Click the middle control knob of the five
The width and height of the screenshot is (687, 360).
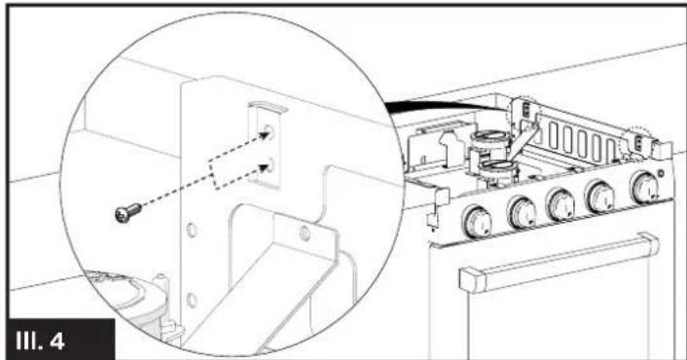561,202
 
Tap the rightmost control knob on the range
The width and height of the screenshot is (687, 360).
644,187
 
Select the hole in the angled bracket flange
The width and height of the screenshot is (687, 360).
304,234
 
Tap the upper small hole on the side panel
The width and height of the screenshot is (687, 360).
193,233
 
